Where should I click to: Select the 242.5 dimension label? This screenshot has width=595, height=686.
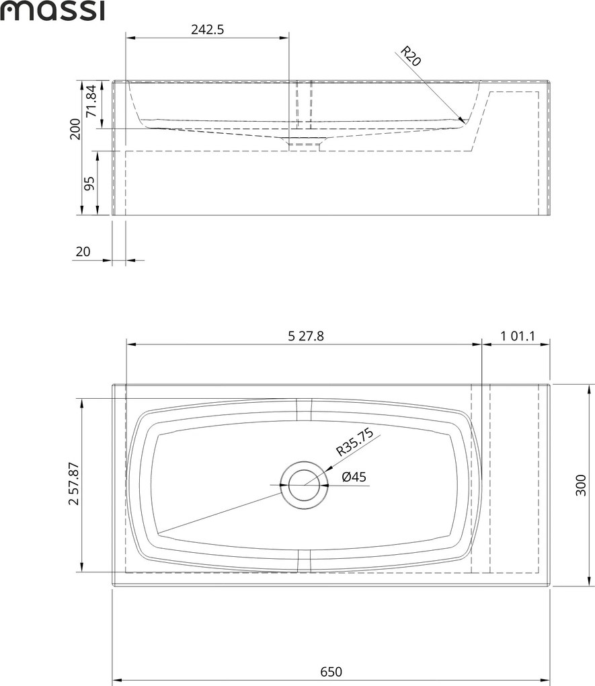click(207, 30)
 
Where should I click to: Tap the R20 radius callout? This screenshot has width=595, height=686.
click(411, 56)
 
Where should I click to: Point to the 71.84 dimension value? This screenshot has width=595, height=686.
click(90, 101)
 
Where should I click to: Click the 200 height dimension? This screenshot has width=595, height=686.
click(75, 129)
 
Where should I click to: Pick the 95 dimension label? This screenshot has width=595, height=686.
click(89, 184)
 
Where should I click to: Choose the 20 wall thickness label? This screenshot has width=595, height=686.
click(83, 252)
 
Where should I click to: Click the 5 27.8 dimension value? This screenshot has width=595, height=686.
click(306, 336)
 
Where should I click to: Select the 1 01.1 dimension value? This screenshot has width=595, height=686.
click(518, 336)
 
